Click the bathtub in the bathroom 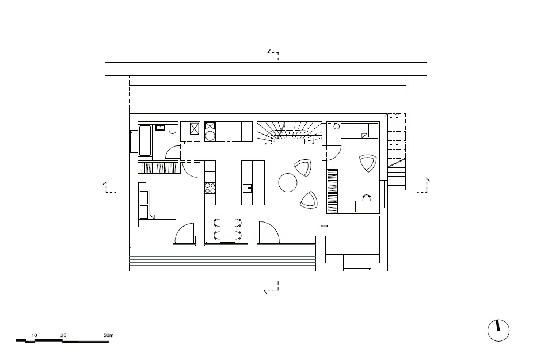145,141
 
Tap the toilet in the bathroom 173,128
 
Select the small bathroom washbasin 160,127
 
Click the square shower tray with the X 195,129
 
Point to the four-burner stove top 210,188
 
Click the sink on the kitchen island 248,188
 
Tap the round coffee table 288,182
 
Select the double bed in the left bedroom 157,205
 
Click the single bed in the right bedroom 359,131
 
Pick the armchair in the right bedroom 368,163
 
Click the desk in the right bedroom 367,206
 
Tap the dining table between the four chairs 227,228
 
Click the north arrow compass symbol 498,331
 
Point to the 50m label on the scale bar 108,335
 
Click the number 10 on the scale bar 34,335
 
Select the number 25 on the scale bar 63,335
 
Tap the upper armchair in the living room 303,168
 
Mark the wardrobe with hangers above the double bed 158,168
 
